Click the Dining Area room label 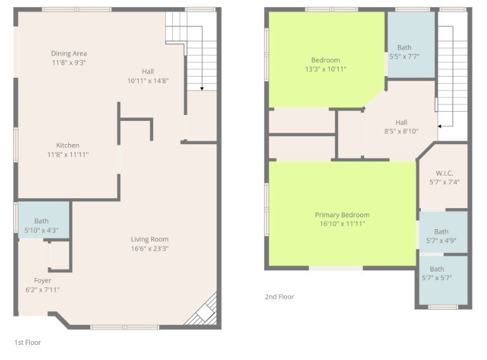coord(69,54)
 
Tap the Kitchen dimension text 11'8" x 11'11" coord(68,155)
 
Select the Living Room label coord(150,239)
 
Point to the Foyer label coord(42,281)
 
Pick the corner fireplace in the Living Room coord(203,310)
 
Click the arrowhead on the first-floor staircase coord(202,89)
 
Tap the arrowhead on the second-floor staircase coord(439,126)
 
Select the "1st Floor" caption coord(28,342)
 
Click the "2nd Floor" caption coord(280,297)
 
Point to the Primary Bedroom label coord(342,215)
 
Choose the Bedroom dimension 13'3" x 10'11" coord(325,69)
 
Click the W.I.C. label coord(445,173)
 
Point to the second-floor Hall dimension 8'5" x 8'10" coord(401,131)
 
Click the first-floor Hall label coord(148,71)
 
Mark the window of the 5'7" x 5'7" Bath coord(443,307)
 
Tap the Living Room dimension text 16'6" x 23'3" coord(150,249)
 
